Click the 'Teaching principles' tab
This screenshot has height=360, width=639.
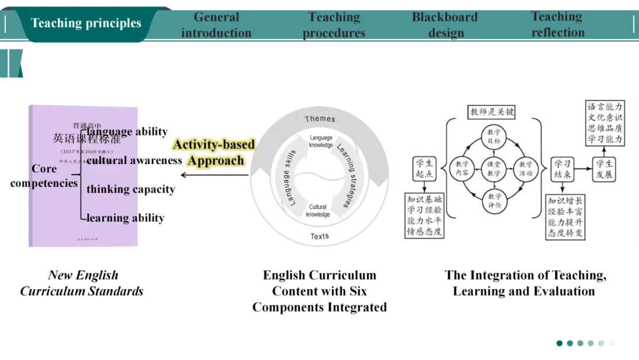point(86,24)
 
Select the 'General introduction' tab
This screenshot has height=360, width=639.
point(216,25)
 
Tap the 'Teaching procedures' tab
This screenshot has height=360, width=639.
point(334,25)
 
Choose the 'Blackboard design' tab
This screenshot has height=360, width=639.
point(445,25)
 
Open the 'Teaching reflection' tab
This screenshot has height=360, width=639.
point(557,24)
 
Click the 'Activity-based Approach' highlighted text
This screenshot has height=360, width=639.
point(214,152)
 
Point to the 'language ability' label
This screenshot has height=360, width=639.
point(127,131)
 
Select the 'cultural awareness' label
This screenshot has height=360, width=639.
point(134,160)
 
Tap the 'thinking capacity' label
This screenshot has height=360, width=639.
point(131,189)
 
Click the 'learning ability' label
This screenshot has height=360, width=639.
point(125,218)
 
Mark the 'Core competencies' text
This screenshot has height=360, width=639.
point(44,176)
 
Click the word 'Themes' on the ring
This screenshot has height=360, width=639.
point(319,119)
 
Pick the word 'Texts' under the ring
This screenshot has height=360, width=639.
point(319,236)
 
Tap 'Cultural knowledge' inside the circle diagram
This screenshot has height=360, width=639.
point(318,211)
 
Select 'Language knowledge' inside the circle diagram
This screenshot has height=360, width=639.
point(321,141)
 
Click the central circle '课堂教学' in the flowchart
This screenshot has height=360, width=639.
point(493,168)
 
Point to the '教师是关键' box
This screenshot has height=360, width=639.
point(492,111)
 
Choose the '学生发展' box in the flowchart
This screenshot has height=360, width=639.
point(604,169)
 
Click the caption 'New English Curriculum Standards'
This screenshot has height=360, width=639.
point(82,283)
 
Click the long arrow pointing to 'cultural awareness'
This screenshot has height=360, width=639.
point(214,175)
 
